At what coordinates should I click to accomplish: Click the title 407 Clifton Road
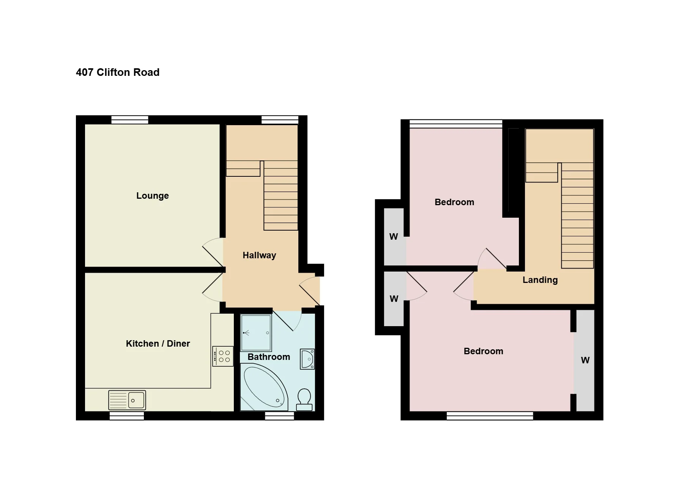(118, 72)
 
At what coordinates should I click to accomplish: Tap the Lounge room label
(153, 196)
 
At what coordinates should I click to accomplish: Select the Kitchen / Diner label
(158, 344)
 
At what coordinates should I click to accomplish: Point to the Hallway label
(259, 255)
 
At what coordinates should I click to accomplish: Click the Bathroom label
(269, 357)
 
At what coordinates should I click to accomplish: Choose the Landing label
(540, 280)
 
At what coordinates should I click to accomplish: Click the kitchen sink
(127, 400)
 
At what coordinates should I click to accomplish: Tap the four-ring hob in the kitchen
(223, 356)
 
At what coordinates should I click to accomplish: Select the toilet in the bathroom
(304, 400)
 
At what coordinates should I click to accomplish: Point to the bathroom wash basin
(307, 359)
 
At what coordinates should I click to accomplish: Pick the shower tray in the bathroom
(256, 333)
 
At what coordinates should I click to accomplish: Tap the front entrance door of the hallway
(309, 291)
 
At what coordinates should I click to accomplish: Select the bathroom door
(287, 321)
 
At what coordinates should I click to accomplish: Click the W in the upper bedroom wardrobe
(394, 237)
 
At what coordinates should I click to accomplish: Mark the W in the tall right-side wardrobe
(585, 360)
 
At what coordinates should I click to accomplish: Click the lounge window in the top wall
(130, 120)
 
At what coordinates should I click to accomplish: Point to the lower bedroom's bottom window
(490, 416)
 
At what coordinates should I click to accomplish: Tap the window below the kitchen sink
(127, 416)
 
